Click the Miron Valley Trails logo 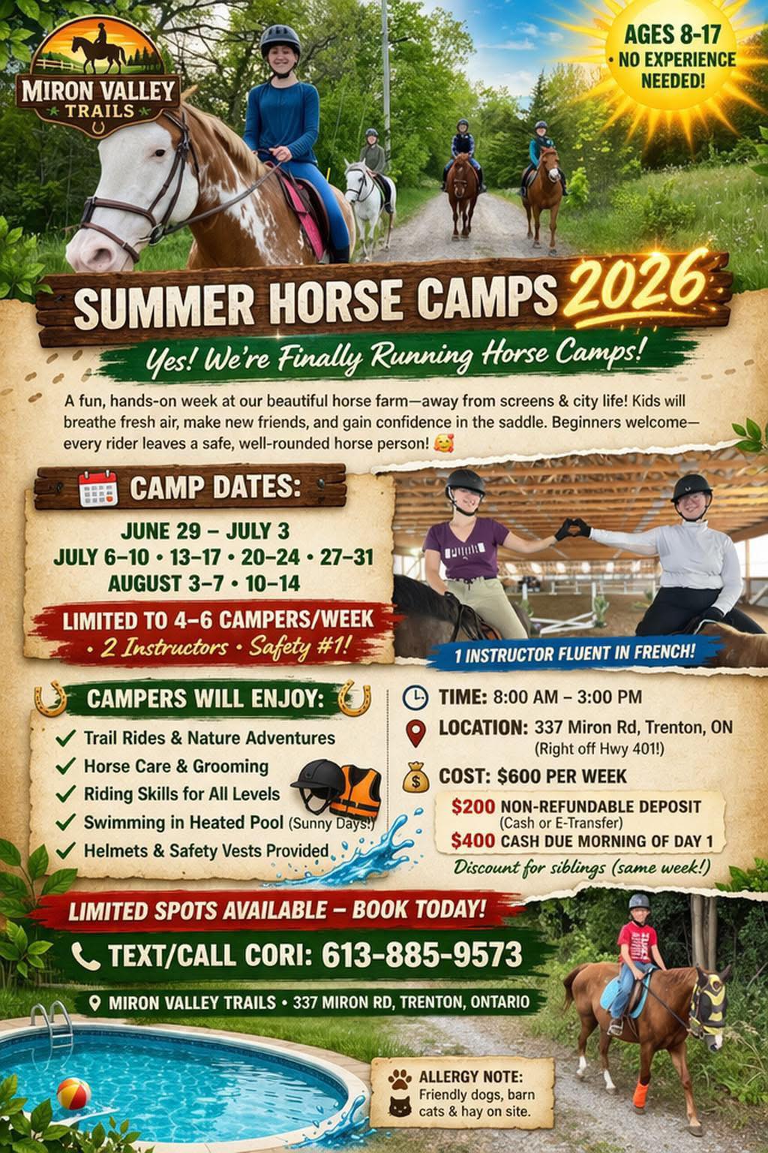click(98, 77)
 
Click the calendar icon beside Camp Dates click(97, 488)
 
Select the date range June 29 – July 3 click(205, 531)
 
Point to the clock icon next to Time click(415, 697)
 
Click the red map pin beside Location click(416, 733)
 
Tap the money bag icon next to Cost click(415, 777)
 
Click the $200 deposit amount click(473, 807)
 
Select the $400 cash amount click(472, 841)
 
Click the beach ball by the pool click(74, 1094)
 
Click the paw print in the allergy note click(400, 1079)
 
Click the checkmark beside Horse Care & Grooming click(66, 766)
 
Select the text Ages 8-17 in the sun click(673, 35)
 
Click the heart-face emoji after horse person click(443, 443)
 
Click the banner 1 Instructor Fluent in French click(574, 653)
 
